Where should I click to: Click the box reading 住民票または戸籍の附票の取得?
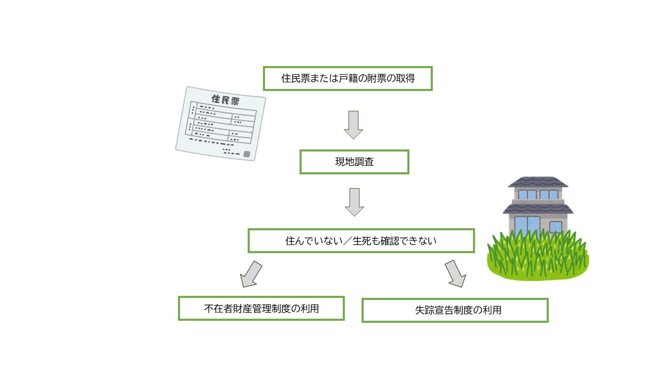[347, 78]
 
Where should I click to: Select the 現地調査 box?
[354, 162]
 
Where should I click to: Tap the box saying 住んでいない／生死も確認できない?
[361, 240]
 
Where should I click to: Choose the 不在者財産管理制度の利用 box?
[261, 308]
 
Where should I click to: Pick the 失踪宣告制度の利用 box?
[455, 310]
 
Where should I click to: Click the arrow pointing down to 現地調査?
[353, 125]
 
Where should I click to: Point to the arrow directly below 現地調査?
[354, 202]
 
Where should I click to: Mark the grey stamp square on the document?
[247, 154]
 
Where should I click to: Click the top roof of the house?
[538, 182]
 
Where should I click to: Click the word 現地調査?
[354, 162]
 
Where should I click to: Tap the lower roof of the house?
[538, 207]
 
